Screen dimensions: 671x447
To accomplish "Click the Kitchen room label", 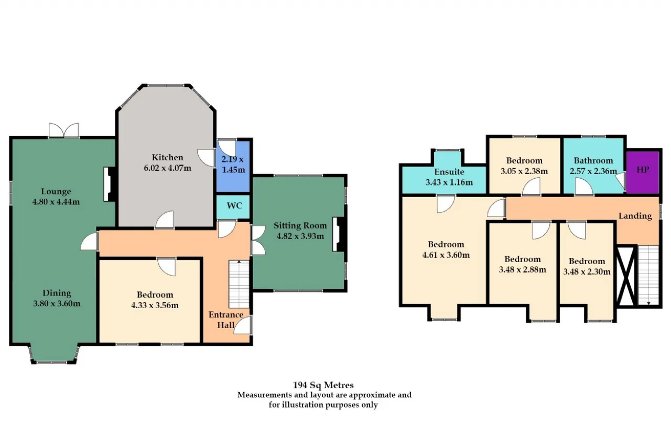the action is click(167, 158).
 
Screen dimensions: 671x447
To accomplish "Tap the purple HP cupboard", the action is click(643, 172).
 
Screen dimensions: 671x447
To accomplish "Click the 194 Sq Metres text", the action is click(323, 385).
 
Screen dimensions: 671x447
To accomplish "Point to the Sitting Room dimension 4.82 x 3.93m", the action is click(300, 236).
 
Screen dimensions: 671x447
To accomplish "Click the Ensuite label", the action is click(449, 172).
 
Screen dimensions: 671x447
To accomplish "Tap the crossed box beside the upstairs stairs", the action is click(626, 276).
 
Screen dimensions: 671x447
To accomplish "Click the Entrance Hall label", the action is click(226, 320).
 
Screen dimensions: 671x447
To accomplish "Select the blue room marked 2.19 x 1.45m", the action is click(233, 167).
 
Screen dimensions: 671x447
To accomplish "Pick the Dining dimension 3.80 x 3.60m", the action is click(57, 303).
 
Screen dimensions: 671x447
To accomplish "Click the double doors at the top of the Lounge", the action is click(64, 130).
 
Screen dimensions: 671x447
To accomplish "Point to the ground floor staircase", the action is click(239, 284).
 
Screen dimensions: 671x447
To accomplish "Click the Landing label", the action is click(635, 216).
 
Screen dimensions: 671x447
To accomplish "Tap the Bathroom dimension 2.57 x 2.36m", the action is click(593, 171).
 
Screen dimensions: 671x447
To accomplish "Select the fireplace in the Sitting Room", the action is click(339, 234).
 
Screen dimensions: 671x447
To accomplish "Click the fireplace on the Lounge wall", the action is click(109, 184).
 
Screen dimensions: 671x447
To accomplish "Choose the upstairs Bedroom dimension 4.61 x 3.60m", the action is click(446, 255).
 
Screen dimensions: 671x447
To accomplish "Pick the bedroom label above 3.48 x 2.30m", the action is click(587, 261).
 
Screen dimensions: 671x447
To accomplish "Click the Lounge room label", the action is click(56, 191).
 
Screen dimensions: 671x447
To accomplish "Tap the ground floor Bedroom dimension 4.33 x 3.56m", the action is click(155, 306).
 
